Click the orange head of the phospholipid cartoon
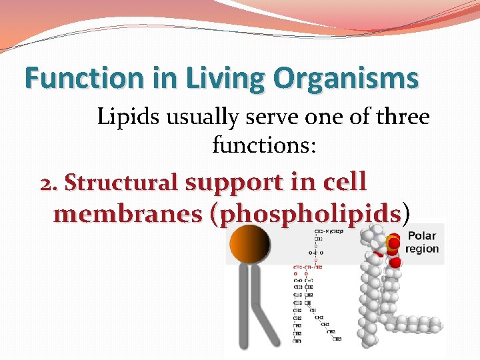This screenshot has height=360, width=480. point(249,244)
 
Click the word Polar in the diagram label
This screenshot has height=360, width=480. point(421,236)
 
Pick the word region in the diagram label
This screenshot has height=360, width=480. point(422,249)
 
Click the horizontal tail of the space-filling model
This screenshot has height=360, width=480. point(413,325)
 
